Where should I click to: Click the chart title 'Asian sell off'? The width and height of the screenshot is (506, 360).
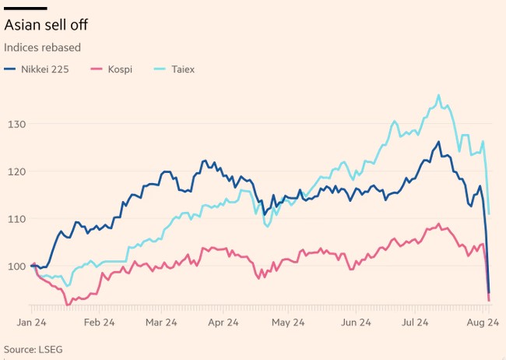pos(45,26)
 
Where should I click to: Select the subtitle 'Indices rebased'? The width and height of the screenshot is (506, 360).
pos(43,48)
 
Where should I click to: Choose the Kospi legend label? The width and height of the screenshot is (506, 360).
pos(119,69)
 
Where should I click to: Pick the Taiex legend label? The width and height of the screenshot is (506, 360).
pos(182,69)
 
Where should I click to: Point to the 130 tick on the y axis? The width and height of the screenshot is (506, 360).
pos(17,124)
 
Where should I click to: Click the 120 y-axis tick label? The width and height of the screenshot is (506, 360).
pos(17,171)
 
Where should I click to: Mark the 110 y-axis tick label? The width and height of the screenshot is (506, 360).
pos(17,219)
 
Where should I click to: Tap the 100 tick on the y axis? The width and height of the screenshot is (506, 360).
pos(17,266)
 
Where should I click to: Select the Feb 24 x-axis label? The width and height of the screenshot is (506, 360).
pos(99,321)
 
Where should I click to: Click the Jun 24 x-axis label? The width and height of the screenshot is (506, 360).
pos(354,321)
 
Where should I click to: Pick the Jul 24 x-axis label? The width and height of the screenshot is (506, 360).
pos(416,321)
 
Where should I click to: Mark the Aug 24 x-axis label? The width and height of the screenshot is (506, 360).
pos(483,321)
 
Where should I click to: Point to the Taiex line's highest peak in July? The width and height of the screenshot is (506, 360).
pos(438,95)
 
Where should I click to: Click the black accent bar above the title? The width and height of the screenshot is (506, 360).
pos(26,9)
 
